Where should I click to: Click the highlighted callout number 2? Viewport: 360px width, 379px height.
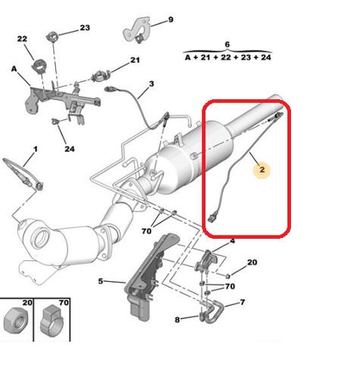[262, 170]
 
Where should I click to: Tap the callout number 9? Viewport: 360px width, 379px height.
[171, 20]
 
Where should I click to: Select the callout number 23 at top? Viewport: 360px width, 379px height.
[85, 28]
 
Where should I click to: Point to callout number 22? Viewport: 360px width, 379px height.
[22, 39]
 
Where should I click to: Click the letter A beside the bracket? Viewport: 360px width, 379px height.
[14, 69]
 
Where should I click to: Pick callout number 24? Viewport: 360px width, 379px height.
[70, 149]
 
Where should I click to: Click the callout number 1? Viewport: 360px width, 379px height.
[36, 149]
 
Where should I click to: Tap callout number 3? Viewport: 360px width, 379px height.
[152, 83]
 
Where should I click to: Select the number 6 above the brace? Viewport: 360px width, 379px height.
[227, 45]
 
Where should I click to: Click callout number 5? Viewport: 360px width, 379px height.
[101, 281]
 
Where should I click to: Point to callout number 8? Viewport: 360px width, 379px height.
[177, 320]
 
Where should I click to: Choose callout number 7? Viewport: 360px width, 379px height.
[243, 302]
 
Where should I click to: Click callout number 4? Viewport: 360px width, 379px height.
[233, 241]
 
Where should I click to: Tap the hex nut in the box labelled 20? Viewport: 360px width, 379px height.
[15, 321]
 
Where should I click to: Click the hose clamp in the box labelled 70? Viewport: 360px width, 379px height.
[52, 321]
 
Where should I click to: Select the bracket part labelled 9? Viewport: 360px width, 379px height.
[136, 30]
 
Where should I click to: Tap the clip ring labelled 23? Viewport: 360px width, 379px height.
[52, 37]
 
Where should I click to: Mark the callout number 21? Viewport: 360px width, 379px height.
[135, 60]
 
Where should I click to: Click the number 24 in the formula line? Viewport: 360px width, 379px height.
[266, 58]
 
